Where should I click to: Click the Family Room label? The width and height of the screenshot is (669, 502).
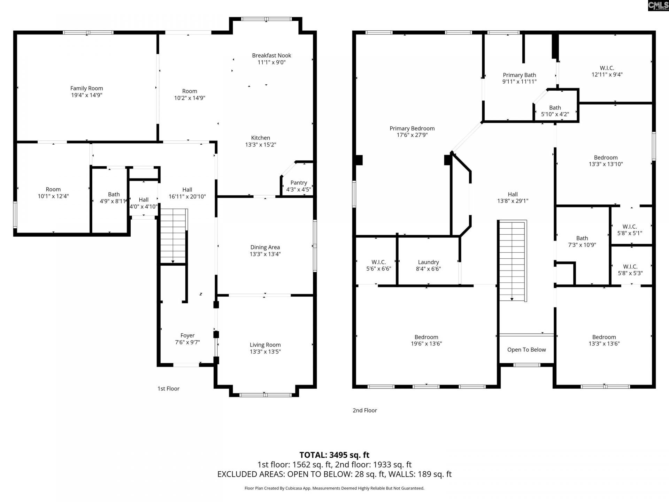86,88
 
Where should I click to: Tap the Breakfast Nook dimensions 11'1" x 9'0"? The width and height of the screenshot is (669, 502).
271,62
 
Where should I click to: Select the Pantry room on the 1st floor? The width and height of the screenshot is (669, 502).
299,186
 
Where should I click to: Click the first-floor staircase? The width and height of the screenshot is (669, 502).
173,236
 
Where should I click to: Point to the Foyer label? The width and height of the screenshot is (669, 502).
187,335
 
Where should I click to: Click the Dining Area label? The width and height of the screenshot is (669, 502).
265,247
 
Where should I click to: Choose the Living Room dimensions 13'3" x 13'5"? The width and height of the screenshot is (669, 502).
265,351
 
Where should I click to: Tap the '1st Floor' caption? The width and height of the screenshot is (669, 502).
168,388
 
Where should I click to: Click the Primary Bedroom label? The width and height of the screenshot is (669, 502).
412,128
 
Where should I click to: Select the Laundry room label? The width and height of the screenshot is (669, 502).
428,262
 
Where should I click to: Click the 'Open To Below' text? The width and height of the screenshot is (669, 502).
526,350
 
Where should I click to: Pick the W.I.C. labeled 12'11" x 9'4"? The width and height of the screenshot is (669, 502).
607,71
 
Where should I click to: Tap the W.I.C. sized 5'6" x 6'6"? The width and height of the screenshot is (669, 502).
378,265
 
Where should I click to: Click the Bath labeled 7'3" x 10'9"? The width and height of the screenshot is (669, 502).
582,241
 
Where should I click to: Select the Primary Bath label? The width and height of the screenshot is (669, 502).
519,75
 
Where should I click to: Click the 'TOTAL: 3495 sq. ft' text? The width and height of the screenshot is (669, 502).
334,455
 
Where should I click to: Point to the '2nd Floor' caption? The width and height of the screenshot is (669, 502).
364,410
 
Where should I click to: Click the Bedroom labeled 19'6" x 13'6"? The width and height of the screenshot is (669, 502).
426,340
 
